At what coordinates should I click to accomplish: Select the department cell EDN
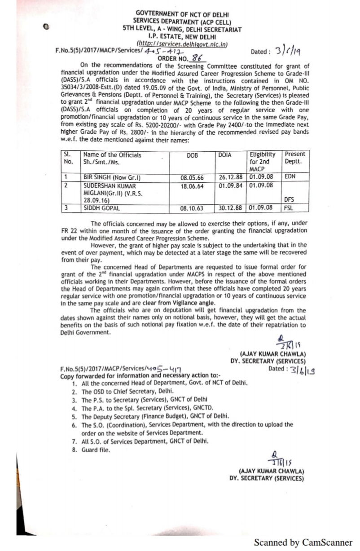pos(290,177)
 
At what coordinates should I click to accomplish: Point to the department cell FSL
pos(288,208)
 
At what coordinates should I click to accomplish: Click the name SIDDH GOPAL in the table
pos(101,208)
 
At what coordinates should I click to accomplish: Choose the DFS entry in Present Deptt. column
pos(289,200)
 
